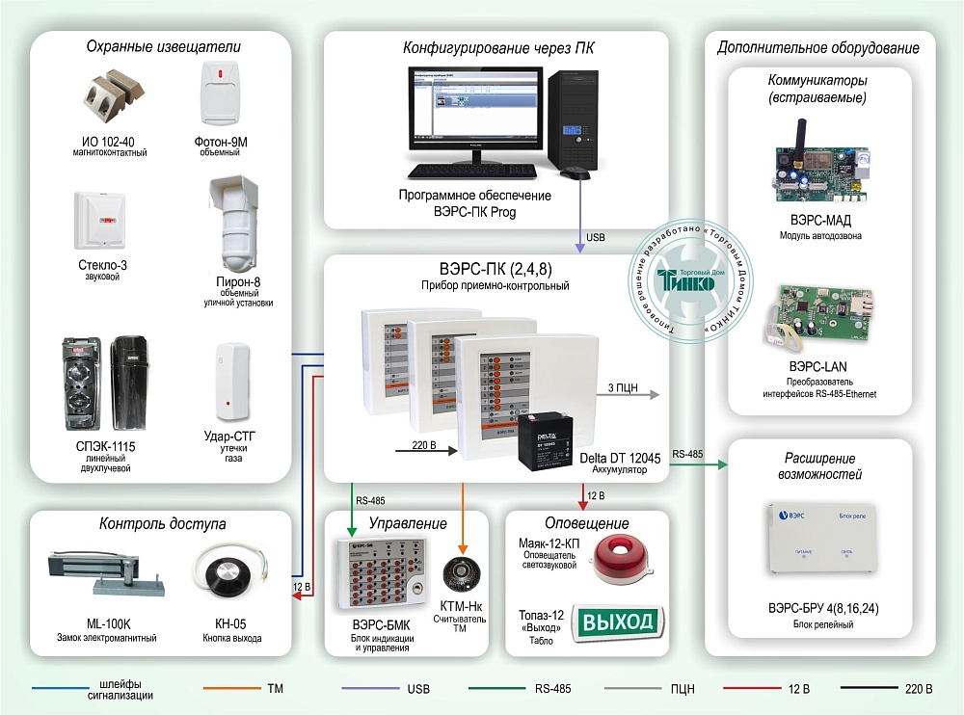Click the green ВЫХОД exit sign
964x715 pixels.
click(x=615, y=622)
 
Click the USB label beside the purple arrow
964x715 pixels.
click(x=598, y=237)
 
